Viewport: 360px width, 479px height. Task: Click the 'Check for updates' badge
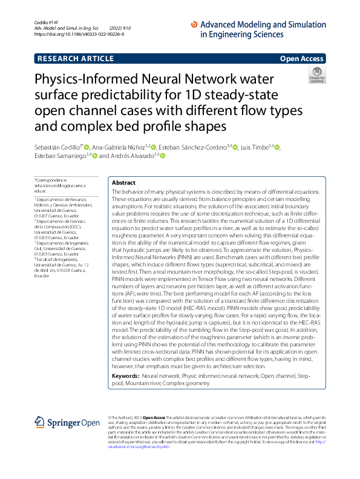[316, 75]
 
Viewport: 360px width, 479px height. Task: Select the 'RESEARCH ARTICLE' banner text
[76, 59]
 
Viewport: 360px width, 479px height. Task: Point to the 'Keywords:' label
[126, 376]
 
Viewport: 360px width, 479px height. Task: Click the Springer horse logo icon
[40, 422]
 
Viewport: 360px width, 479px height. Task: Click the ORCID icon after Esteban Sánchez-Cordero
[236, 147]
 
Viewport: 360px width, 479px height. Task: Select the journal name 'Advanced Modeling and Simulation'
[263, 25]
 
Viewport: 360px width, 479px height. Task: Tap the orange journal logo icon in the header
[194, 25]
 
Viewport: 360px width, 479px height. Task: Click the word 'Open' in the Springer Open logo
[90, 423]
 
